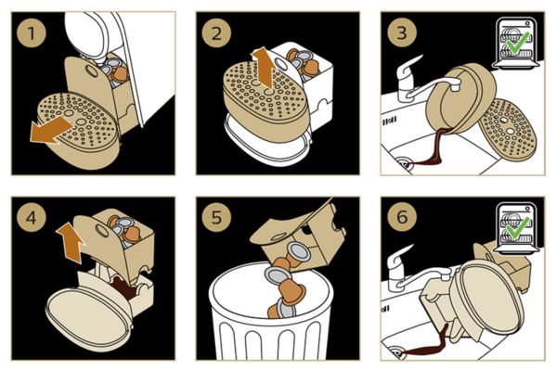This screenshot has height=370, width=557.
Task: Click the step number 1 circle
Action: pos(32,33)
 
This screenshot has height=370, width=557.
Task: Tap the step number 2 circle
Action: pos(216,33)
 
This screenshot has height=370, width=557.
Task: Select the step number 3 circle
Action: pos(402,33)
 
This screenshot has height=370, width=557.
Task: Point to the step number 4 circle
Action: pos(32,217)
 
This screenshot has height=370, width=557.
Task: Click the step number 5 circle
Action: pos(216,217)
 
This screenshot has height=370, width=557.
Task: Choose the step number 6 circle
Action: pos(402,217)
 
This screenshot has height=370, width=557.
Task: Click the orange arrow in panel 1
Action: pos(50,130)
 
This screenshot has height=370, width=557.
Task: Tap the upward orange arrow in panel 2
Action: pos(265,68)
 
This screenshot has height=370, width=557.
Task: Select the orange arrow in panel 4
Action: pos(71,242)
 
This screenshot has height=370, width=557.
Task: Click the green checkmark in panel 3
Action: pos(517,43)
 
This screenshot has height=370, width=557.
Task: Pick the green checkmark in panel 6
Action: pos(517,226)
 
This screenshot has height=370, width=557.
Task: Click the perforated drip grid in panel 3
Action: pos(507,130)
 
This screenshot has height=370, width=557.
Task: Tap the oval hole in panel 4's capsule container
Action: pos(101,231)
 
